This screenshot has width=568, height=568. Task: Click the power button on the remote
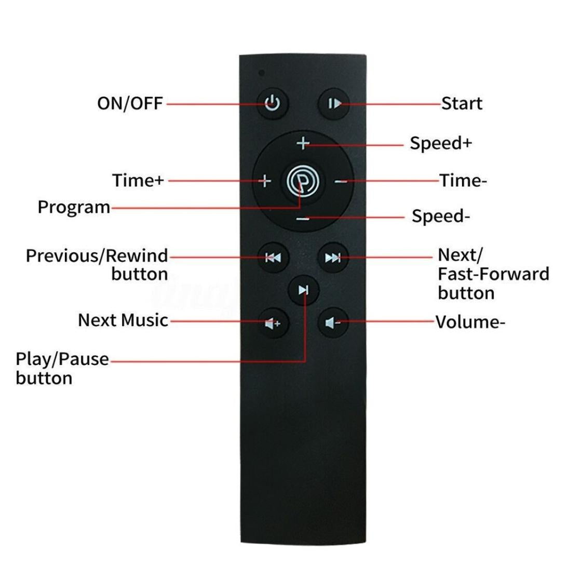click(x=273, y=103)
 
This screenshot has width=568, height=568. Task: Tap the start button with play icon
click(x=334, y=104)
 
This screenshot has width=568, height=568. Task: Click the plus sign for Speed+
click(x=303, y=143)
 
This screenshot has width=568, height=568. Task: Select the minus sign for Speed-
click(x=303, y=219)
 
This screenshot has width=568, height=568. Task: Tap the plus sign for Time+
click(x=265, y=180)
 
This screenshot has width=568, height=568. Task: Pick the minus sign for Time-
click(x=341, y=181)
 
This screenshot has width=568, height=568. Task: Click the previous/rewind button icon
click(x=273, y=258)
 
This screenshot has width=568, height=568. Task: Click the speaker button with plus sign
click(x=273, y=323)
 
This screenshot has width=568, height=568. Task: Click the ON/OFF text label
click(x=130, y=104)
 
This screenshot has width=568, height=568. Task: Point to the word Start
click(x=462, y=104)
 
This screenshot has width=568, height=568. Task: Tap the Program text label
click(x=74, y=208)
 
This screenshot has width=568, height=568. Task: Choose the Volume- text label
click(x=470, y=322)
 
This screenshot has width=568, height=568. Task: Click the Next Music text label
click(x=123, y=320)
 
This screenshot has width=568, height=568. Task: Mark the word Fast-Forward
click(x=493, y=274)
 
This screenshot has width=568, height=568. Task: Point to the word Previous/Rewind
click(x=97, y=256)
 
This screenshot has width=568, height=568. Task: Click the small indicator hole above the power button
click(x=262, y=73)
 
